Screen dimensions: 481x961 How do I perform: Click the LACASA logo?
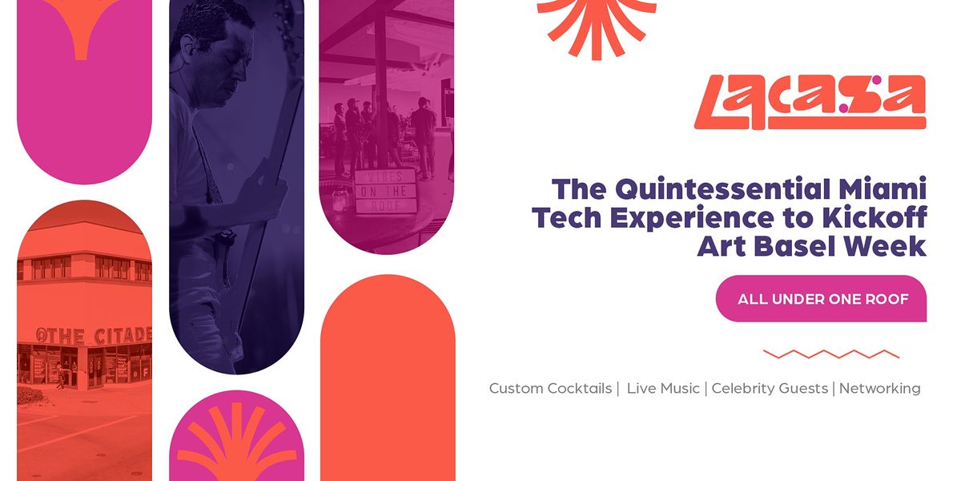(810, 103)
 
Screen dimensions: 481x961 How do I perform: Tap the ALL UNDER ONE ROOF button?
(822, 299)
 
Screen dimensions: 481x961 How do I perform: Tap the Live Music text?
(663, 389)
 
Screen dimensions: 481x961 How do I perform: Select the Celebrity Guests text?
(770, 389)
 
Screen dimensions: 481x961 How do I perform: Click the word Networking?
(879, 389)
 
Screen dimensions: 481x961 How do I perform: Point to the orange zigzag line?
(831, 354)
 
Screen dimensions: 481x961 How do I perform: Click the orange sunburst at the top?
(597, 24)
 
